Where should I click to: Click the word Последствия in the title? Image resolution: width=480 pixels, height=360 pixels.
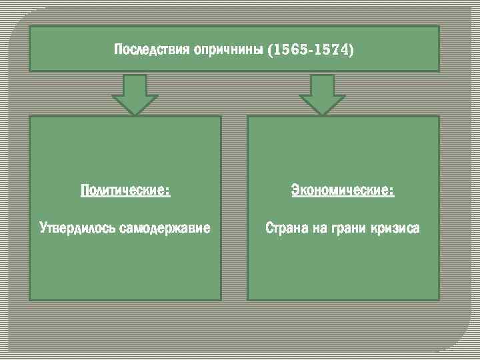point(152,51)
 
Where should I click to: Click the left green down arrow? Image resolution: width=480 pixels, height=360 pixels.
point(135,95)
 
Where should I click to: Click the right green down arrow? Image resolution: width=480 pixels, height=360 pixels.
point(322,95)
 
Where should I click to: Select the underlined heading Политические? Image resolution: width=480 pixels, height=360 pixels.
point(125,191)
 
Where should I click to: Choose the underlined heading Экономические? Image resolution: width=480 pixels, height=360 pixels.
point(343,191)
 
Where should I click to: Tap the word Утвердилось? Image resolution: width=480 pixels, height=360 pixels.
point(77,229)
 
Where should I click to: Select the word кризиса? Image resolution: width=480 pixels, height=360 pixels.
point(397,229)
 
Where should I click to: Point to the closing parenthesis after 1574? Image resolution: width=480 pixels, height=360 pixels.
point(351,51)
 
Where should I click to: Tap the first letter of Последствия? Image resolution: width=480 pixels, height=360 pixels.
point(118,51)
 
